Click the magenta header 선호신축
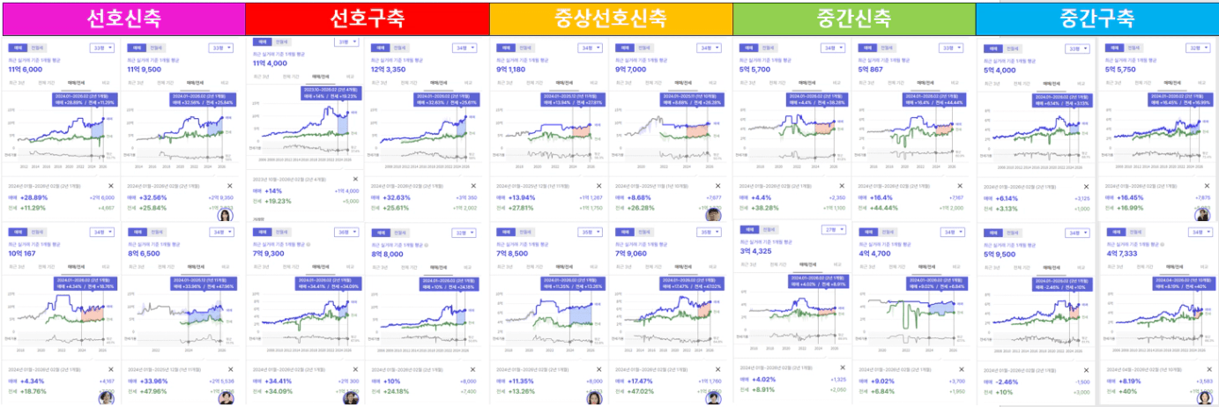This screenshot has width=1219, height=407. click(x=122, y=17)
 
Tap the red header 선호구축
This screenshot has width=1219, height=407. click(x=366, y=17)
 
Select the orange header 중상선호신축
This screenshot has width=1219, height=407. click(x=610, y=17)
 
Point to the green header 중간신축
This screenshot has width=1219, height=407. click(x=853, y=17)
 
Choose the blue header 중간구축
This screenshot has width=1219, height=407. click(x=1097, y=17)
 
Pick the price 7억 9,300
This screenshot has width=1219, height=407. click(x=269, y=253)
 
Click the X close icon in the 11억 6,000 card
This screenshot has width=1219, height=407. click(x=111, y=186)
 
